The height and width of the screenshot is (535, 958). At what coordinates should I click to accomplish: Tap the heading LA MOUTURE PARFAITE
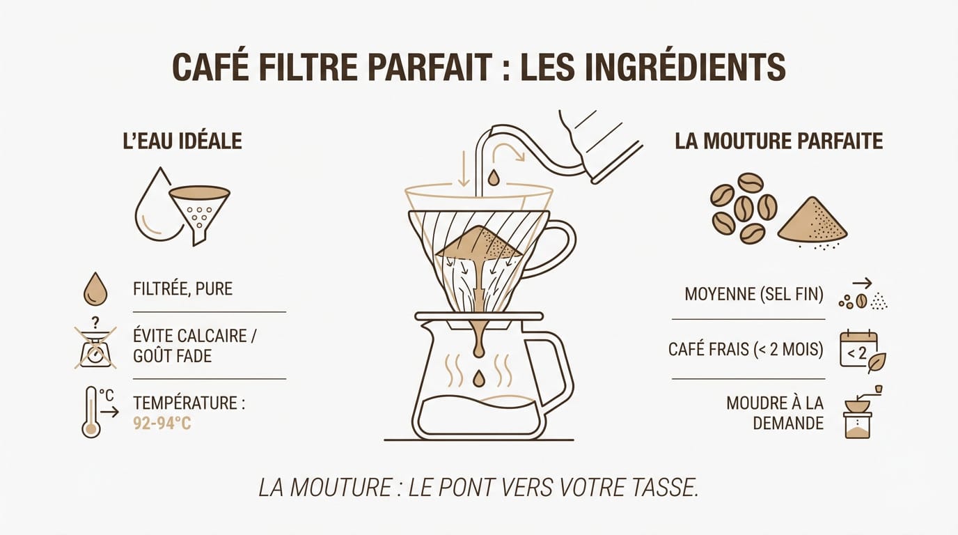tap(778, 141)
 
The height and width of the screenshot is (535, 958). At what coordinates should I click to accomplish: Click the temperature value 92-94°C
tap(162, 422)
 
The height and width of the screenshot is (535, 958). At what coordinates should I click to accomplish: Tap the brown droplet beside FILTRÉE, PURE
tap(95, 289)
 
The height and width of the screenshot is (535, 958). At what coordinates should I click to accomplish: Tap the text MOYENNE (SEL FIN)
tap(754, 295)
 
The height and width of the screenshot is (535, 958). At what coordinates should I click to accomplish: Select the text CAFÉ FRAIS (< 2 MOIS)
tap(746, 349)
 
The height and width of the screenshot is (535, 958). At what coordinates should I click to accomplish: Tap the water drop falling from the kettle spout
tap(494, 178)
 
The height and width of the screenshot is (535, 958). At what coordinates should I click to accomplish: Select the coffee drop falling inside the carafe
tap(478, 378)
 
